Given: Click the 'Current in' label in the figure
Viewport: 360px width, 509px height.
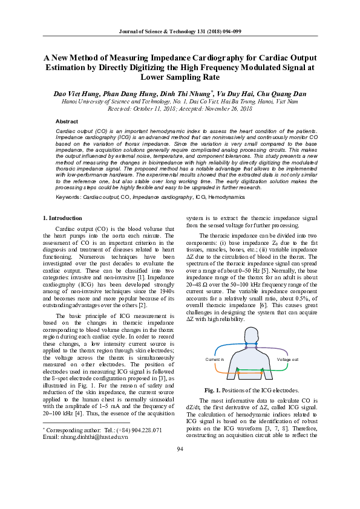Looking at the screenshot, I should (215, 359).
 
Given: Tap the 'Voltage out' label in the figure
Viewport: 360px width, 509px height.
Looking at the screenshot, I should (287, 359).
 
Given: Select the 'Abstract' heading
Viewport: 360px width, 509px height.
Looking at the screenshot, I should (67, 122).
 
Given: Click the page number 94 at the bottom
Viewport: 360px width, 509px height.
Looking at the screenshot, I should (180, 482).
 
